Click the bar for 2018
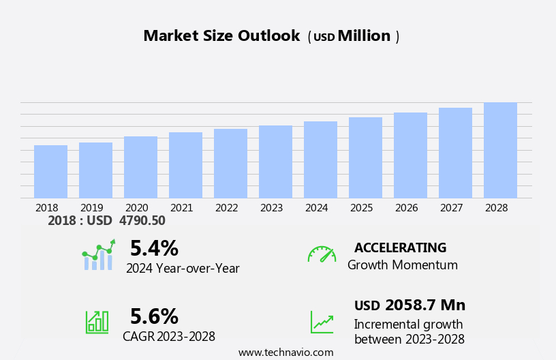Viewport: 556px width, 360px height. [x=50, y=172]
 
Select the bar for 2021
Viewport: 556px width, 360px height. [x=185, y=165]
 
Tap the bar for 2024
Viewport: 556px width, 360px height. [x=320, y=160]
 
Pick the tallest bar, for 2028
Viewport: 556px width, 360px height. [x=500, y=150]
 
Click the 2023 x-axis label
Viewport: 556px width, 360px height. [x=271, y=207]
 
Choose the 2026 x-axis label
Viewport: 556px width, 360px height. [x=406, y=207]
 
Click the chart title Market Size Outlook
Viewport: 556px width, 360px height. [x=221, y=36]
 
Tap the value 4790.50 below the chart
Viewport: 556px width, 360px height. [x=142, y=220]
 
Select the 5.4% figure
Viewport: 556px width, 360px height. [x=154, y=248]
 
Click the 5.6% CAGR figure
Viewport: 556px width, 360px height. [x=154, y=316]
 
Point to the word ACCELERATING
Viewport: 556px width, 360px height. [x=400, y=248]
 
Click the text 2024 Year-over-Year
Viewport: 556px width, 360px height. [x=183, y=269]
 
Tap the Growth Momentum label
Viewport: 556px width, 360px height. [x=402, y=265]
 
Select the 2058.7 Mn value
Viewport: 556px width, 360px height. [x=425, y=305]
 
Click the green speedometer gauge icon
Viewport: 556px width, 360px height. [x=322, y=254]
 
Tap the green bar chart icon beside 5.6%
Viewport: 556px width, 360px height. [x=97, y=321]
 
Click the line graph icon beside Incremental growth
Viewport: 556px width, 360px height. [x=322, y=322]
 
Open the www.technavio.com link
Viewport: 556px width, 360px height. [x=285, y=352]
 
